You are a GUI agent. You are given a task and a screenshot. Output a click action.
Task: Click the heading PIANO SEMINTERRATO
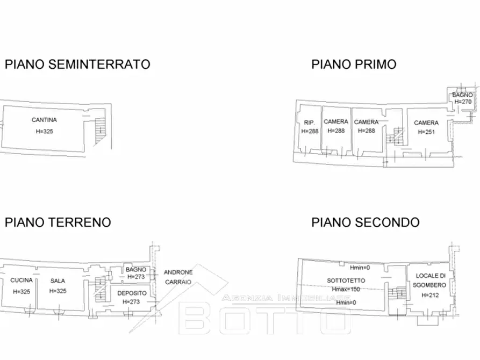[77, 64]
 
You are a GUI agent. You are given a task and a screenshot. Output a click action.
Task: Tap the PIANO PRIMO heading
[354, 64]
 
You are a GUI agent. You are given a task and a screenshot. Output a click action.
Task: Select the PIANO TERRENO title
[58, 222]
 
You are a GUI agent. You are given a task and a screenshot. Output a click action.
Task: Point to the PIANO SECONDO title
[366, 222]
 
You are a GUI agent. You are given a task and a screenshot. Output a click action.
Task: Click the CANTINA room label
[44, 120]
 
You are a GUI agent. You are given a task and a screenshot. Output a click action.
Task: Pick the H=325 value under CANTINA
[44, 131]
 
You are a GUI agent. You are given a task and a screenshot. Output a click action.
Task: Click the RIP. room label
[309, 123]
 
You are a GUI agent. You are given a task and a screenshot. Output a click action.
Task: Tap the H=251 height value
[426, 132]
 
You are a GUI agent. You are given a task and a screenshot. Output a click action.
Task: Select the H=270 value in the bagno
[463, 102]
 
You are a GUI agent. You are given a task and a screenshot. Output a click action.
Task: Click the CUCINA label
[22, 280]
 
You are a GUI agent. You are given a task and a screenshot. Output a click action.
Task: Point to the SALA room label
[58, 280]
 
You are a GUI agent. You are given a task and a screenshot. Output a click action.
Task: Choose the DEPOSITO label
[132, 293]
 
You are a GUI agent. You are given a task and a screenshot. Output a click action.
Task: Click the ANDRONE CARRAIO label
[178, 276]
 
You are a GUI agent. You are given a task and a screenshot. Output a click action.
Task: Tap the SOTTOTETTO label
[346, 280]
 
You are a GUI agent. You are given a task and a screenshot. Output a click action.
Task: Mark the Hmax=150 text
[346, 289]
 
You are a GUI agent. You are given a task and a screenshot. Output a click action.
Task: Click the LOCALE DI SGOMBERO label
[431, 280]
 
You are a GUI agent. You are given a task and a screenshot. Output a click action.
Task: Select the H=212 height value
[431, 295]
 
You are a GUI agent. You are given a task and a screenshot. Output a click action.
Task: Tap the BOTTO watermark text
[263, 320]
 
